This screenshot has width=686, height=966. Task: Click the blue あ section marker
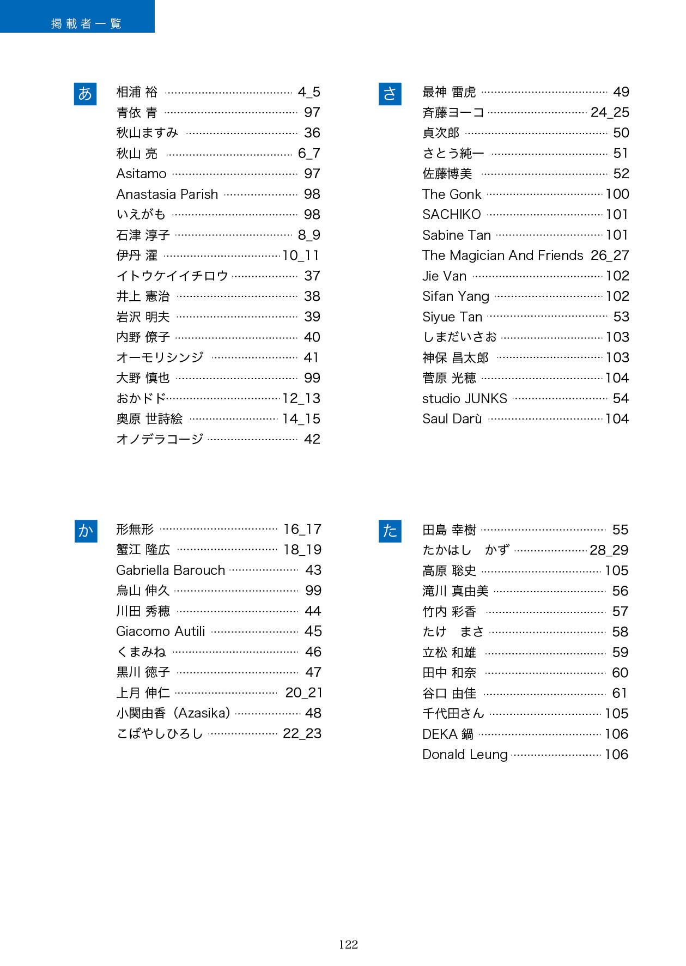coord(85,94)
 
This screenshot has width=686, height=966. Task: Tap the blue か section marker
coord(86,531)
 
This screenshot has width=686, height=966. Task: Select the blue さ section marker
coord(390,94)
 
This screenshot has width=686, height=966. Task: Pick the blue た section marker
coord(390,531)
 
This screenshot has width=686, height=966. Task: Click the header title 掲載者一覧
coord(86,23)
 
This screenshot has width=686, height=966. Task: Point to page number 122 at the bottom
coord(348,945)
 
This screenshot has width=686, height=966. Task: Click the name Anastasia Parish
coord(167,195)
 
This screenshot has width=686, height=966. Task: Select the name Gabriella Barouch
coord(171,570)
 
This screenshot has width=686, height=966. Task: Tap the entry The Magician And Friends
coord(502,256)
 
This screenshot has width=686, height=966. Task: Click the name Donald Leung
coord(465,755)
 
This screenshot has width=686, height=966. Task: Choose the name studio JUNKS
coord(464,399)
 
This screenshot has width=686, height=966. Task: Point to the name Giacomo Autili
coord(161,631)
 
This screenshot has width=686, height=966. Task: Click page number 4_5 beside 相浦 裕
coord(309,92)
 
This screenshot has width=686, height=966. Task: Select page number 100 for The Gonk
coord(617,195)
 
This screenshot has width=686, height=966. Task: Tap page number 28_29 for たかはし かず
coord(609,550)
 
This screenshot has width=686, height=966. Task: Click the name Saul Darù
coord(452,419)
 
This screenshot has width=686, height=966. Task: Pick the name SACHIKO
coord(451,215)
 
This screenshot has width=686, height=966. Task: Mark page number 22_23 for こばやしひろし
coord(302,734)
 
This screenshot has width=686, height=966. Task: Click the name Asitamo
coord(141,174)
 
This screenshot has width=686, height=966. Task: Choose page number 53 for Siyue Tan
coord(621,317)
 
